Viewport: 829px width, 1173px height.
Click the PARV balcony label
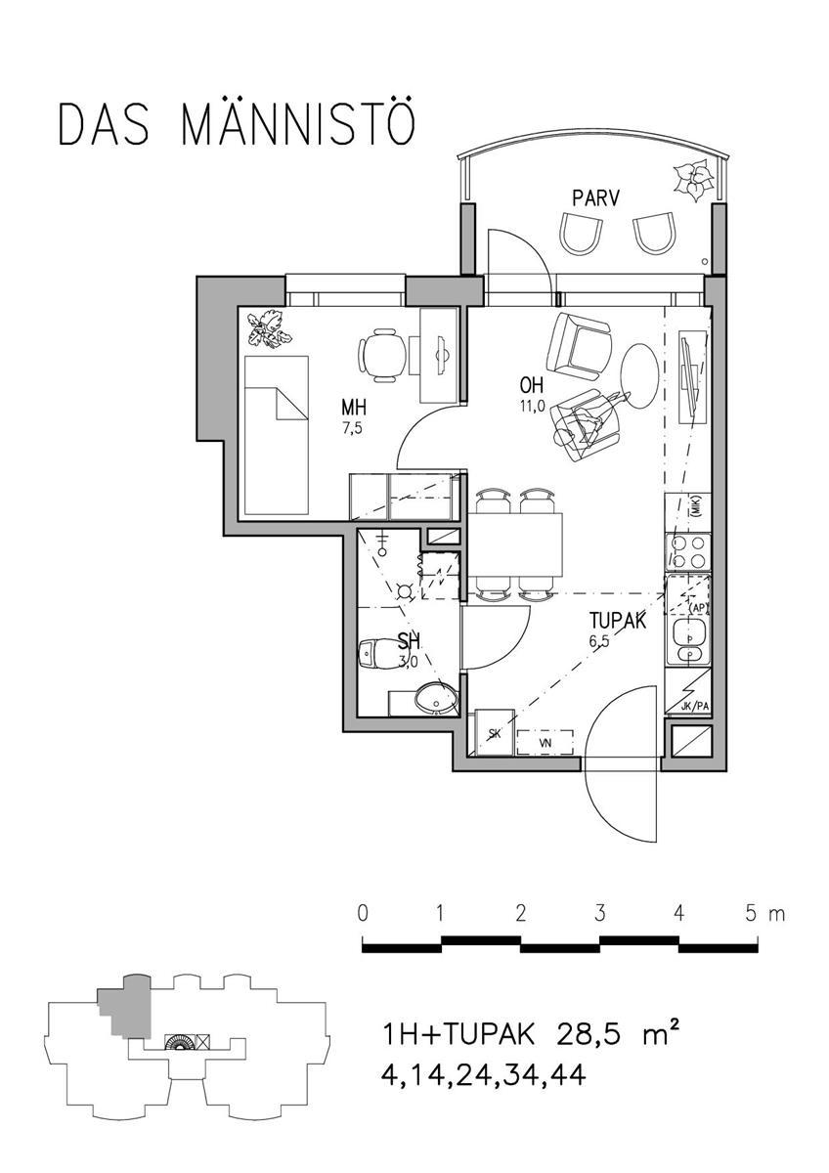tap(595, 198)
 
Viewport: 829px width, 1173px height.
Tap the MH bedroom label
tap(354, 407)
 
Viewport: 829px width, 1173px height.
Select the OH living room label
tap(532, 386)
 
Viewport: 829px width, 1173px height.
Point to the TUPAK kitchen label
tap(618, 621)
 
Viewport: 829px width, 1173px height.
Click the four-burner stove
tap(688, 552)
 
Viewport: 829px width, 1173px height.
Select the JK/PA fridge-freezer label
tap(695, 707)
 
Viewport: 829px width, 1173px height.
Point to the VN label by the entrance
tap(546, 743)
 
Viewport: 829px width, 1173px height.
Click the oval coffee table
tap(640, 376)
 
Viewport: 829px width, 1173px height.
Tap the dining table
tap(515, 544)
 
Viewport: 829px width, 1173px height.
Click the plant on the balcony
tap(693, 180)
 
